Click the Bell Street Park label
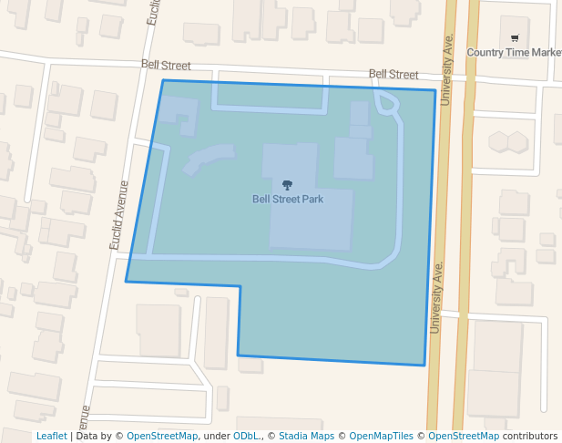pos(288,198)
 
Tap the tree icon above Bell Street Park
pos(288,185)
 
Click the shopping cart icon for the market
pos(515,38)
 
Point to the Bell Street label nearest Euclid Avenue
pos(166,65)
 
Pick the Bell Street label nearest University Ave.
pos(393,74)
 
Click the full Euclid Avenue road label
pos(118,215)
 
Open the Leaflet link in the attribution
pos(52,437)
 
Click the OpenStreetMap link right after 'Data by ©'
pos(162,437)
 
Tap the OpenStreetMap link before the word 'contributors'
pos(464,437)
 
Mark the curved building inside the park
pos(208,158)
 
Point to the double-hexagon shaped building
pos(507,141)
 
